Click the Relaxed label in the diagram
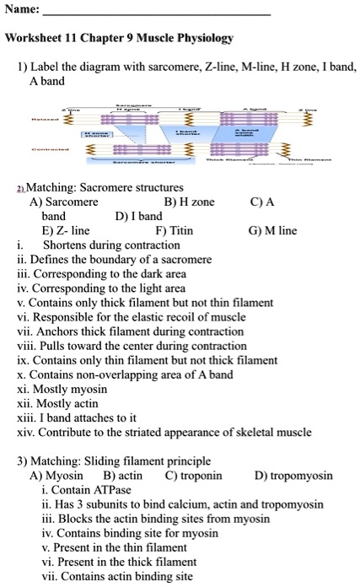pos(43,120)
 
